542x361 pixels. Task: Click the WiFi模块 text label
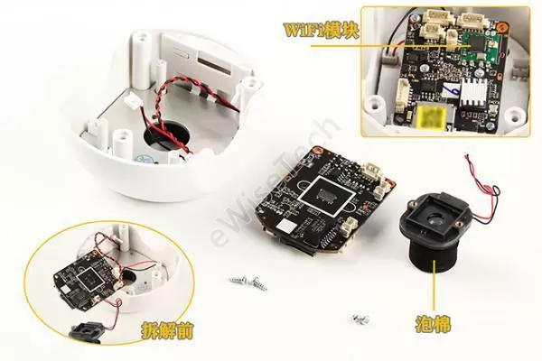pos(321,31)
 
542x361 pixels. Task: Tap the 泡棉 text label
pos(433,324)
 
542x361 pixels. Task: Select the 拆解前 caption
pos(167,331)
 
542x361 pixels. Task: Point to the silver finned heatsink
pos(473,90)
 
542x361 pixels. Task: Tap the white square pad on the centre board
pos(287,226)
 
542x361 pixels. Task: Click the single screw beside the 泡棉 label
pos(360,319)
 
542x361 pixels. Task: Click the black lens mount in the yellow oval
pos(86,331)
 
